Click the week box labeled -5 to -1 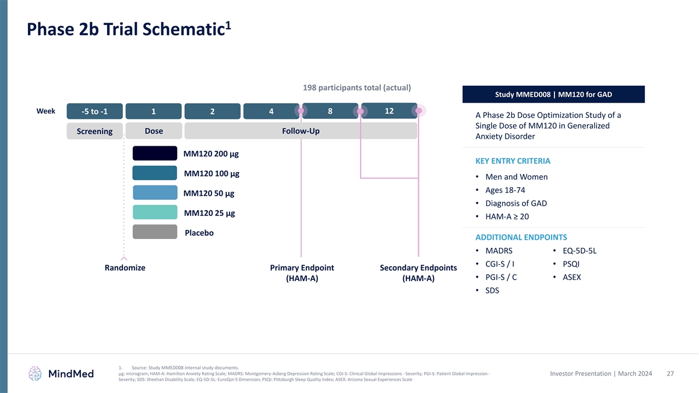click(94, 112)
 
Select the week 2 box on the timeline click(212, 112)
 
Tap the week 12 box click(389, 110)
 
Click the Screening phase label click(94, 131)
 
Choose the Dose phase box click(154, 131)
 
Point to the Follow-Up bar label click(301, 131)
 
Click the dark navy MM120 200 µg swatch click(155, 153)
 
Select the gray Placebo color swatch click(155, 232)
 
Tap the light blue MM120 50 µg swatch click(155, 193)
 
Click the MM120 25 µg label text click(209, 213)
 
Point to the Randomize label click(125, 268)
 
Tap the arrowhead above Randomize click(124, 257)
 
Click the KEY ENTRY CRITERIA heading click(513, 161)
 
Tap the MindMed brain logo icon click(36, 373)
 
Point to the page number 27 click(670, 373)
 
